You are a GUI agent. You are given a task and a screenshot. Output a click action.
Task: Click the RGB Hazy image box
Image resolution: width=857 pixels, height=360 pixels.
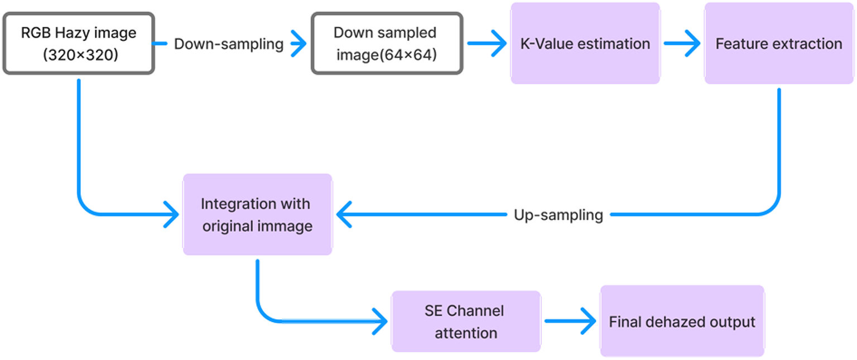tap(78, 44)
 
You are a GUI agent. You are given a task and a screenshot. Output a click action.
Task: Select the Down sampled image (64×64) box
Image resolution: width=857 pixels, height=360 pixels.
tap(386, 44)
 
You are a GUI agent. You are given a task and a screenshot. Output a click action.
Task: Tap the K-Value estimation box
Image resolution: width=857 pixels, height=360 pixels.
tap(585, 44)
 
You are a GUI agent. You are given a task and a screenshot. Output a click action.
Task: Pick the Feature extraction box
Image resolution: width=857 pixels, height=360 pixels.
tap(779, 44)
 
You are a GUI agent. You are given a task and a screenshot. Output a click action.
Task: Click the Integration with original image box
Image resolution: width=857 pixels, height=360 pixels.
tap(257, 214)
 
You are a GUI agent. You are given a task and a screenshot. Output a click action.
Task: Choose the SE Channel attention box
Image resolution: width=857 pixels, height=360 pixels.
tap(466, 321)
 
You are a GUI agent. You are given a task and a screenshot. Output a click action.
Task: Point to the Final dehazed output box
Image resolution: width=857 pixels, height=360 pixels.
tap(682, 321)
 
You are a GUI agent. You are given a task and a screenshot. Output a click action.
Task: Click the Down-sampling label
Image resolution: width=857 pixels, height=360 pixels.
tap(229, 44)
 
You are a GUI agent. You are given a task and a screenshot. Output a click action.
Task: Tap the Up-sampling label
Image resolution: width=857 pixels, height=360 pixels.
tap(558, 215)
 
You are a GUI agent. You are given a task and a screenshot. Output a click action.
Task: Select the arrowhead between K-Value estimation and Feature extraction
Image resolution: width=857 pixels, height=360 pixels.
tap(692, 44)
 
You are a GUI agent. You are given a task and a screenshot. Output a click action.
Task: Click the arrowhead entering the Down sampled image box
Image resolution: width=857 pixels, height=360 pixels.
tap(298, 44)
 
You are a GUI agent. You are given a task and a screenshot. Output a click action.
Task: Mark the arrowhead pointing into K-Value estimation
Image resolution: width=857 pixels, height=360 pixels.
tap(497, 44)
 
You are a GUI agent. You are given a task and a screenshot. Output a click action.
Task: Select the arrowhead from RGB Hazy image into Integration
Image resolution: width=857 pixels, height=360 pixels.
tap(170, 215)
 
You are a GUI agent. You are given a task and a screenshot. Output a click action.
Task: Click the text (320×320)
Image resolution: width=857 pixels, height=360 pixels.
tap(78, 56)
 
